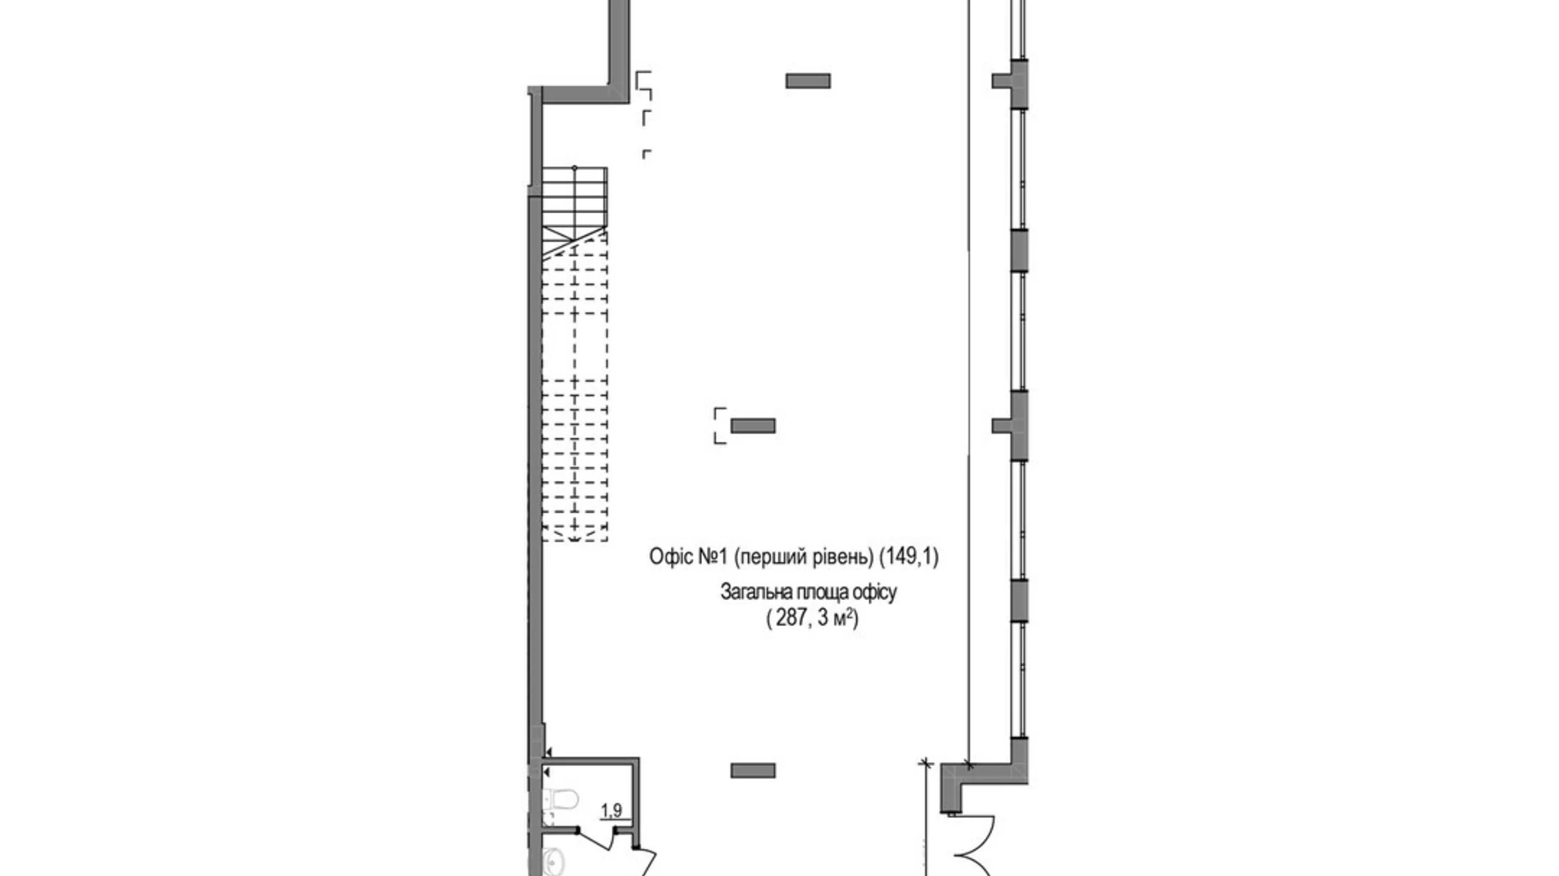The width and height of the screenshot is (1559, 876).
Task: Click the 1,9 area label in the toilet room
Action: click(611, 810)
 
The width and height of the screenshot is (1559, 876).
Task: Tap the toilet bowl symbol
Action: click(560, 796)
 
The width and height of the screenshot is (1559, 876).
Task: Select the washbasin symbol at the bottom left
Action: click(554, 860)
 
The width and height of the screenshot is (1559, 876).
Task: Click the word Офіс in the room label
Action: click(671, 557)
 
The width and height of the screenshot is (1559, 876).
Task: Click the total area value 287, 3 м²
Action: click(812, 619)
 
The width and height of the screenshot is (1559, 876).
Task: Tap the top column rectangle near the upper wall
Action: click(807, 81)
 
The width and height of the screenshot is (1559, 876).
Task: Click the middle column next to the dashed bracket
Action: click(753, 426)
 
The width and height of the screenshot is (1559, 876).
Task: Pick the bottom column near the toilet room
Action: click(753, 770)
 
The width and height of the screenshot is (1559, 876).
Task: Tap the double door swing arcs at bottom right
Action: click(976, 847)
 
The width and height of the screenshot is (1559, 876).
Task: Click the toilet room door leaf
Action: click(644, 863)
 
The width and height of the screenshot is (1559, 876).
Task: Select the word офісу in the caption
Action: click(874, 592)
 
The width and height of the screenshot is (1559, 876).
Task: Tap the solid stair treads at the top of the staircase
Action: click(575, 198)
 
